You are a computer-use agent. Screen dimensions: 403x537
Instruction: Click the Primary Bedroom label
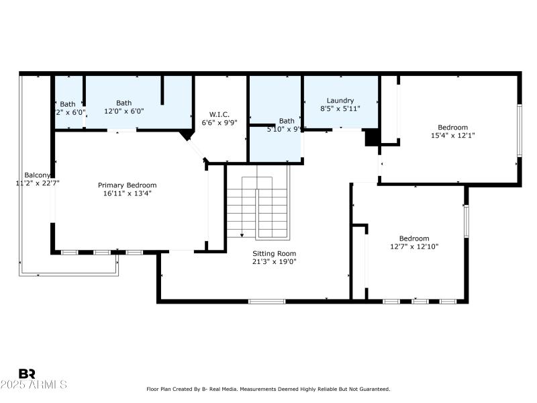[127, 185]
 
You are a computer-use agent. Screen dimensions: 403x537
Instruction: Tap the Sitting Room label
[274, 253]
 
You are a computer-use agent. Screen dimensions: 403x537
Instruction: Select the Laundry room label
[340, 101]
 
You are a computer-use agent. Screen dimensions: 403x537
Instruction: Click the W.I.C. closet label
[219, 114]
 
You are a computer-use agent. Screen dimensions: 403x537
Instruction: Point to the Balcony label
[37, 174]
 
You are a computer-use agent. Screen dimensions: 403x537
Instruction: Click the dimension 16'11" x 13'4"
[127, 194]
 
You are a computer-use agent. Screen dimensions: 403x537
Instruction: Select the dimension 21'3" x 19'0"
[274, 261]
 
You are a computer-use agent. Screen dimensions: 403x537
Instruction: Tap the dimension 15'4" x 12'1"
[452, 136]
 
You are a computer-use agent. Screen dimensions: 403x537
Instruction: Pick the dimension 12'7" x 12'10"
[414, 247]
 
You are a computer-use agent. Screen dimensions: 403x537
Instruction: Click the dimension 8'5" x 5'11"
[340, 109]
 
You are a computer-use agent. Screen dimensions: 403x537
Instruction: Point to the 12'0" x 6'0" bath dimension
[124, 111]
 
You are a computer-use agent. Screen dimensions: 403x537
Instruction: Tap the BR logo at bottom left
[27, 373]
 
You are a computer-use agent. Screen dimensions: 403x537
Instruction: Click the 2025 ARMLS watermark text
[34, 385]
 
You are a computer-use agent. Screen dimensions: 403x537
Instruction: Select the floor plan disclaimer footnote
[268, 389]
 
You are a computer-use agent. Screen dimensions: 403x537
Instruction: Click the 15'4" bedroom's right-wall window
[519, 131]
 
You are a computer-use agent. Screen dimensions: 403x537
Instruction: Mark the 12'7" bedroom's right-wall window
[466, 221]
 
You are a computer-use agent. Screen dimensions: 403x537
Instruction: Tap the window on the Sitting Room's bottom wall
[266, 301]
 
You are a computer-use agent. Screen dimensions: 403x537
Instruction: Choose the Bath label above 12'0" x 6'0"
[124, 103]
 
